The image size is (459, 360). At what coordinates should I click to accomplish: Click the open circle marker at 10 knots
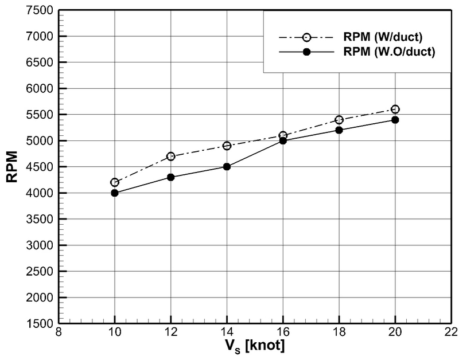[x=115, y=182]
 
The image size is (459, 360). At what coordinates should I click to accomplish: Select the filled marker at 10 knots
[x=115, y=193]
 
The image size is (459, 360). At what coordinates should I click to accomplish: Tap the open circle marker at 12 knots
[x=170, y=156]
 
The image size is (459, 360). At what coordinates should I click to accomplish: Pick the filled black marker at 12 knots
[x=170, y=177]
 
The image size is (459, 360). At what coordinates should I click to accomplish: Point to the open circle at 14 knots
[x=227, y=146]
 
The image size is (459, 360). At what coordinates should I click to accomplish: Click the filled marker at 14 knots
[x=227, y=167]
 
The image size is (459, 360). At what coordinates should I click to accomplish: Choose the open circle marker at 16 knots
[x=283, y=135]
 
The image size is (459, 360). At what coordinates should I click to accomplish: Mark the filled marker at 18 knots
[x=339, y=130]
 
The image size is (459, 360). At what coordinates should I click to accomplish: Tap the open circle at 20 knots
[x=395, y=109]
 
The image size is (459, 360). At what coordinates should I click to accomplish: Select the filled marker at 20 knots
[x=395, y=120]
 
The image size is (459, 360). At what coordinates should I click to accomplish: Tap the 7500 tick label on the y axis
[x=40, y=10]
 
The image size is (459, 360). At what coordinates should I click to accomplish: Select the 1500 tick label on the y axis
[x=40, y=324]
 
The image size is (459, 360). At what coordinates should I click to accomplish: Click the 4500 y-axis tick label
[x=40, y=167]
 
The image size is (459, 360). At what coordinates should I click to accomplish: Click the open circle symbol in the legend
[x=306, y=37]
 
